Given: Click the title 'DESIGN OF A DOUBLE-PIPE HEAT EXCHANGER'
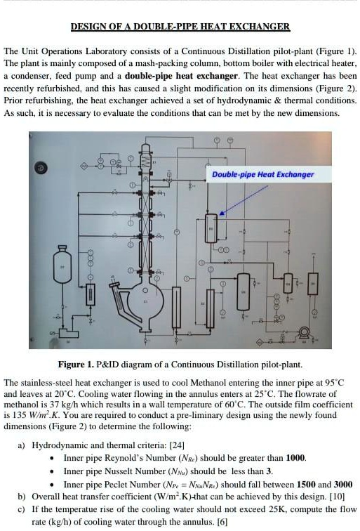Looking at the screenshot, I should point(180,27).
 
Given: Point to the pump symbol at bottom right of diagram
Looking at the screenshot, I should point(304,332).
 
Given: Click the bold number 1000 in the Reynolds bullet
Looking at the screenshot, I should point(294,458).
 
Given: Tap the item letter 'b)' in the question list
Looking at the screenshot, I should point(22,497).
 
